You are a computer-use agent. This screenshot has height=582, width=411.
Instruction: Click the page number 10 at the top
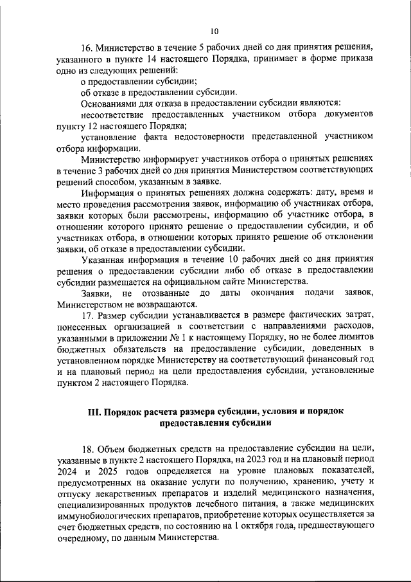tap(214, 30)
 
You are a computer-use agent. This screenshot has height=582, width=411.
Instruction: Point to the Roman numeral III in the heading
tap(94, 412)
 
